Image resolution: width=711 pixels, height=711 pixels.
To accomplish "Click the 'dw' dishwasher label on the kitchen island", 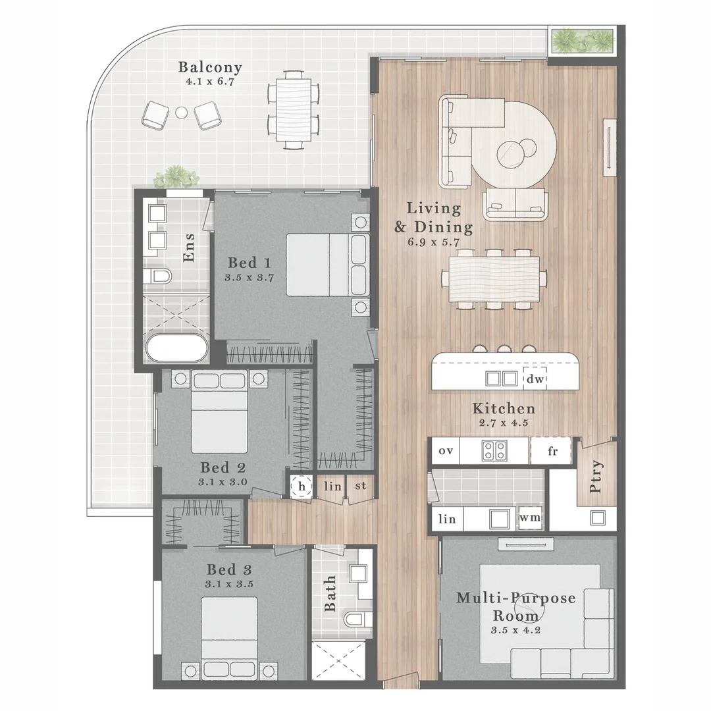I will click(534, 379).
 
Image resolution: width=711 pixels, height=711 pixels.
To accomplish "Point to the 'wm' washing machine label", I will click(531, 518).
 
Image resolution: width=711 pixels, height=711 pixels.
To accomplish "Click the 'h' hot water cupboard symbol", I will click(302, 487).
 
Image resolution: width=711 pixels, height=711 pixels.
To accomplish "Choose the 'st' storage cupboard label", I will click(360, 486).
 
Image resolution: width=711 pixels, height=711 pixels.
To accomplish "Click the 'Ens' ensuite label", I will click(189, 248).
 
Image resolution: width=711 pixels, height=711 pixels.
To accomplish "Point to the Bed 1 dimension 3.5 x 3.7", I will click(249, 277).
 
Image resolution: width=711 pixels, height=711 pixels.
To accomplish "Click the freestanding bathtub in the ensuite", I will click(177, 348).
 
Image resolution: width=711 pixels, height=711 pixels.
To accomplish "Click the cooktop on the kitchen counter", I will click(495, 451).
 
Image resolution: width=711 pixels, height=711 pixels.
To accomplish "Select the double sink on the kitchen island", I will click(501, 379).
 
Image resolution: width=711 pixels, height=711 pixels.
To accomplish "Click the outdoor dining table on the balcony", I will click(294, 108).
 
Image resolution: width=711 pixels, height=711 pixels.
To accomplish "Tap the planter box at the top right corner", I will click(583, 41).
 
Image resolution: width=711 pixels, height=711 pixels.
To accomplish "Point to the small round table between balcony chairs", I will click(181, 113).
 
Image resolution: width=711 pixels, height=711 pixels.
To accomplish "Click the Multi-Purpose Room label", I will click(515, 607).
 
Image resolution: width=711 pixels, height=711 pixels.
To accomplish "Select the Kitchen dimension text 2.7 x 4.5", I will click(500, 424).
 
